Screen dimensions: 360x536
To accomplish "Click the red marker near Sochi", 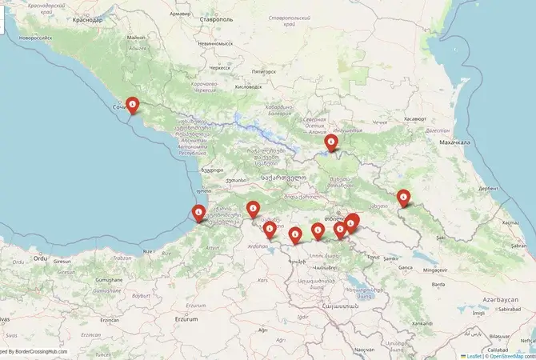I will [x=133, y=105].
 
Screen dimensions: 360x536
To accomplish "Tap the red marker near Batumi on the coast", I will [x=198, y=213].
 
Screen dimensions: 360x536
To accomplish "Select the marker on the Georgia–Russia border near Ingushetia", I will [x=331, y=143].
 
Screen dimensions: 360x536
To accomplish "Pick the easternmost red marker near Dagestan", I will [x=404, y=197].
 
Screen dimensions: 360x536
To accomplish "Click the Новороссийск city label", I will [x=36, y=37].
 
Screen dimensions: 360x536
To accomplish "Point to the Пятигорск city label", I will [x=263, y=71].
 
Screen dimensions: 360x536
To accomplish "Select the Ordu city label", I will [x=40, y=258].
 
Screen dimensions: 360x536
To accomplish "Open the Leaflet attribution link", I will [x=473, y=356].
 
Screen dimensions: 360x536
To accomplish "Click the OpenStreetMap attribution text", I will [x=510, y=356].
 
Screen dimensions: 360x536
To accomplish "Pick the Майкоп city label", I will [x=136, y=37].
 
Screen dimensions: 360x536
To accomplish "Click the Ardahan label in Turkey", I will [x=258, y=246].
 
